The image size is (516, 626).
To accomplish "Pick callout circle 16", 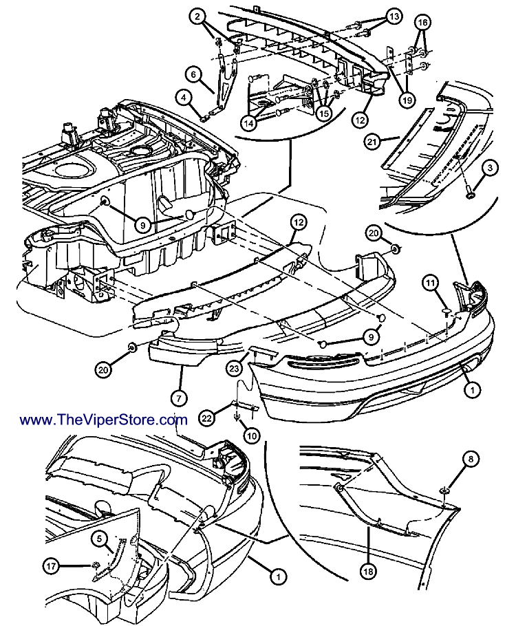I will point(423,23).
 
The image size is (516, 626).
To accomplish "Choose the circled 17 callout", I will point(52,567).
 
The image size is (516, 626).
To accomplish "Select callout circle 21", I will point(392,142).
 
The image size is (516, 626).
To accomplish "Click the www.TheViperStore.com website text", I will point(104,420).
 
